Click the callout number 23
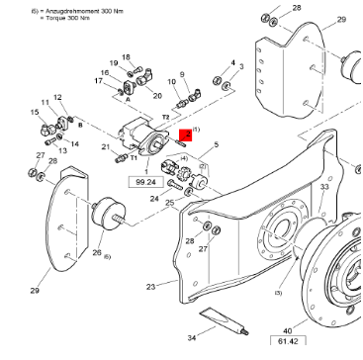[151, 287]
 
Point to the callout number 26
[97, 253]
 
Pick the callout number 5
[215, 144]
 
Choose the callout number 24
[153, 197]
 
